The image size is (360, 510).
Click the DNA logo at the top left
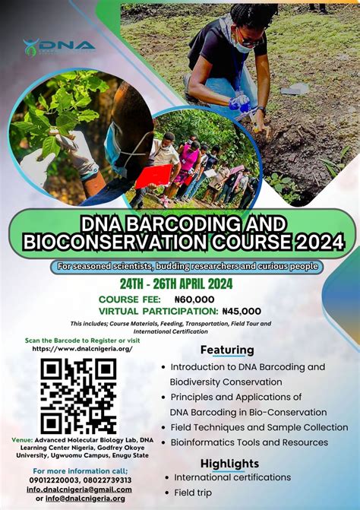tap(58, 46)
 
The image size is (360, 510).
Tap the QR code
tap(78, 395)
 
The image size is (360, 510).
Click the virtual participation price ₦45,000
tap(242, 311)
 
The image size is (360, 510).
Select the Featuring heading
tap(227, 350)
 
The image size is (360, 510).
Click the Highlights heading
tap(229, 463)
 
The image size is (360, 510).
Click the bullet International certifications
tap(232, 477)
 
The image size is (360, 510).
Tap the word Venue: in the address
tap(22, 440)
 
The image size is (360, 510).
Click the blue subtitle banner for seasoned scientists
tap(187, 267)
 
